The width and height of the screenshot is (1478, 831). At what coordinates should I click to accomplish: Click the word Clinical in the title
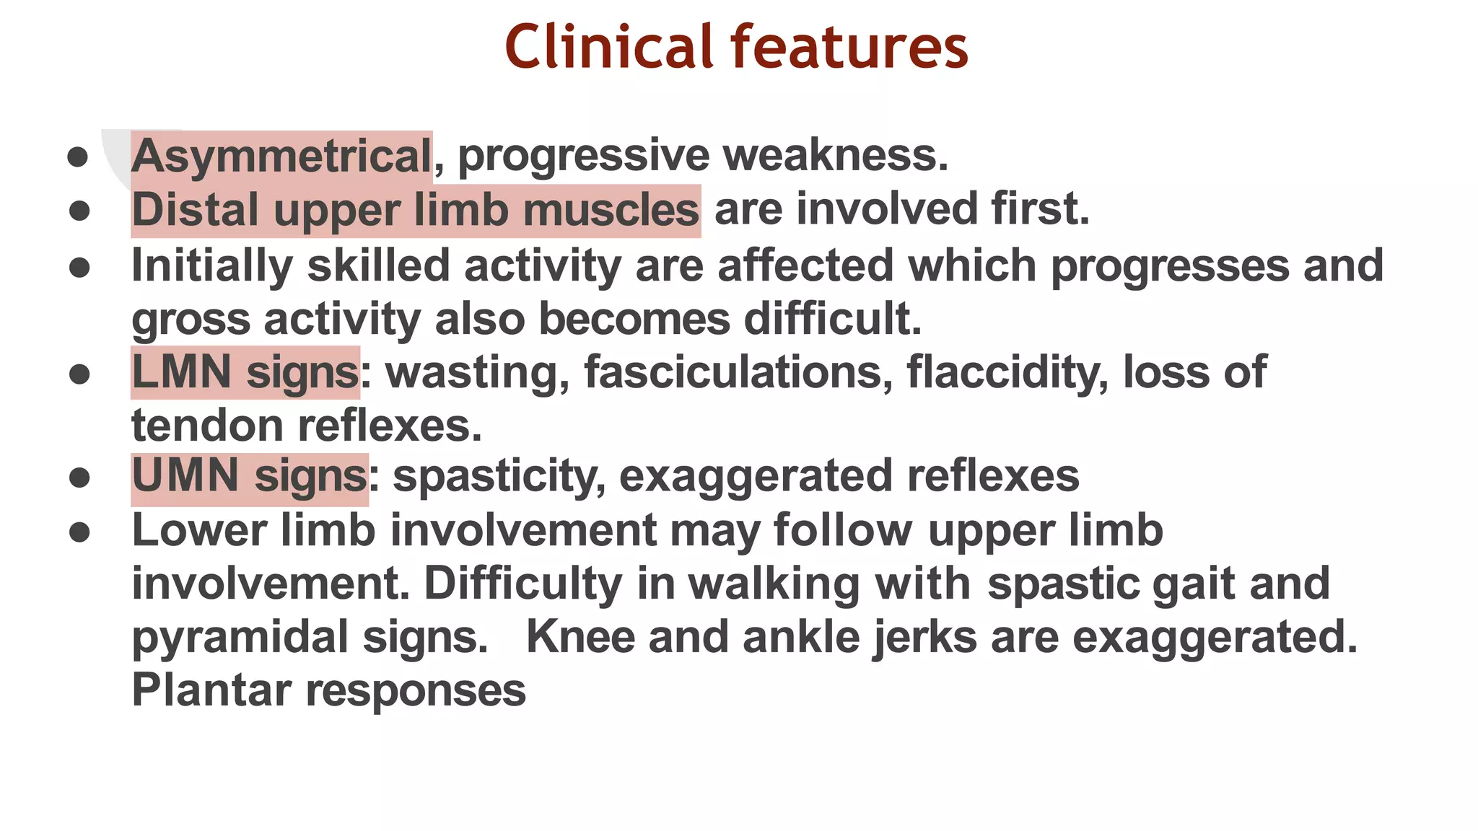click(608, 47)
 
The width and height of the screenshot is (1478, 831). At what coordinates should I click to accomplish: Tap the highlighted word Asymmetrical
click(281, 156)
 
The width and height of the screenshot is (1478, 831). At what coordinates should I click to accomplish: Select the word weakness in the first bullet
click(835, 156)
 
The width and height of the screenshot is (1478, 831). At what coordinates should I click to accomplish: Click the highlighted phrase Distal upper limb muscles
click(415, 211)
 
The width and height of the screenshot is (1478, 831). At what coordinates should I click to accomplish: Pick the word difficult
click(832, 319)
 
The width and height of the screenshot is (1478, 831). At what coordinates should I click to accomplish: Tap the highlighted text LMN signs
click(245, 372)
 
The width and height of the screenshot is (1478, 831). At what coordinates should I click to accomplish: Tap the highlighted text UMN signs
click(249, 476)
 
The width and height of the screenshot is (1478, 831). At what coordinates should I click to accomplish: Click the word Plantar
click(211, 690)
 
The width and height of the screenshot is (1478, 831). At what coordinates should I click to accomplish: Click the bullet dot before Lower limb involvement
click(79, 532)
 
